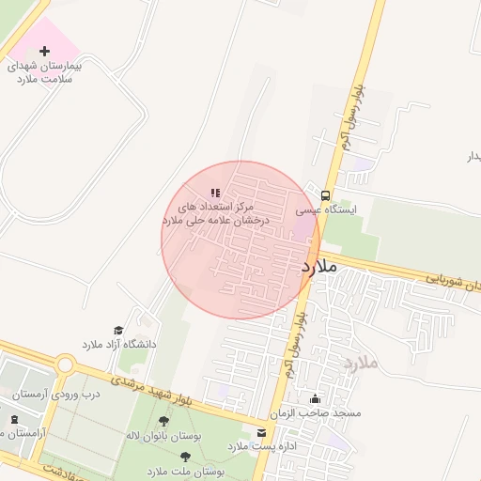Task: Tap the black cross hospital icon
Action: pyautogui.click(x=44, y=50)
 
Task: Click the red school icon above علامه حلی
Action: pyautogui.click(x=215, y=193)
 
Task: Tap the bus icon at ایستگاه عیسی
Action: pyautogui.click(x=325, y=196)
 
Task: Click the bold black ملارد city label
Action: pyautogui.click(x=318, y=268)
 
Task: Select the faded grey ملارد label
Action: pyautogui.click(x=359, y=362)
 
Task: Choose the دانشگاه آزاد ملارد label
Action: pyautogui.click(x=119, y=345)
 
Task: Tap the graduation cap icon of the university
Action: pyautogui.click(x=118, y=330)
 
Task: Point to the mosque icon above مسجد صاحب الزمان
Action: pyautogui.click(x=314, y=398)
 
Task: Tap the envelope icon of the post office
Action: pyautogui.click(x=260, y=432)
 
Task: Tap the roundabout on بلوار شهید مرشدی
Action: pyautogui.click(x=65, y=364)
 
